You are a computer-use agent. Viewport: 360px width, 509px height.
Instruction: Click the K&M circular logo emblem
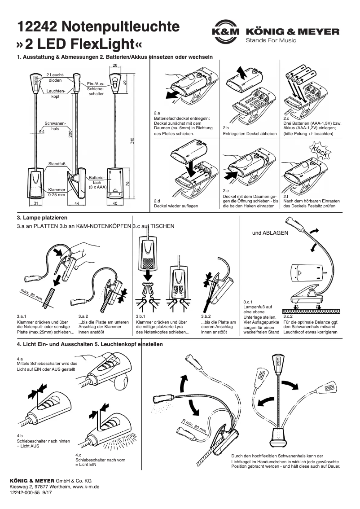[x=225, y=32]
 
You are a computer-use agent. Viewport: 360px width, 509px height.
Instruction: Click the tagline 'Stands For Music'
[x=271, y=41]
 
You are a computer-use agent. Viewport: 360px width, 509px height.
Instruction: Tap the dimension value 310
[x=132, y=140]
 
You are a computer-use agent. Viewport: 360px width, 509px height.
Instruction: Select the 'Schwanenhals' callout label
[x=55, y=125]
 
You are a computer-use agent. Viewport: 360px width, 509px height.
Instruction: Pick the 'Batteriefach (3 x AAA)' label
[x=97, y=183]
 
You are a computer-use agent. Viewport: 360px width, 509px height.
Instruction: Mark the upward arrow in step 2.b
[x=242, y=71]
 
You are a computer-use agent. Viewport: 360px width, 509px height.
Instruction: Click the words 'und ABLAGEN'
[x=270, y=233]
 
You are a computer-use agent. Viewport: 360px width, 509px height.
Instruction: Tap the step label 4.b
[x=20, y=436]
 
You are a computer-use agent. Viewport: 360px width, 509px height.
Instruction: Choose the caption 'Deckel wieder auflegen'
[x=176, y=206]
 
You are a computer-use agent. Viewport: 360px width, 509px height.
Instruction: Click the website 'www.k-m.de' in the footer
[x=86, y=486]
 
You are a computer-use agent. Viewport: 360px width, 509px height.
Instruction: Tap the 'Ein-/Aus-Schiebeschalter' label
[x=96, y=88]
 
